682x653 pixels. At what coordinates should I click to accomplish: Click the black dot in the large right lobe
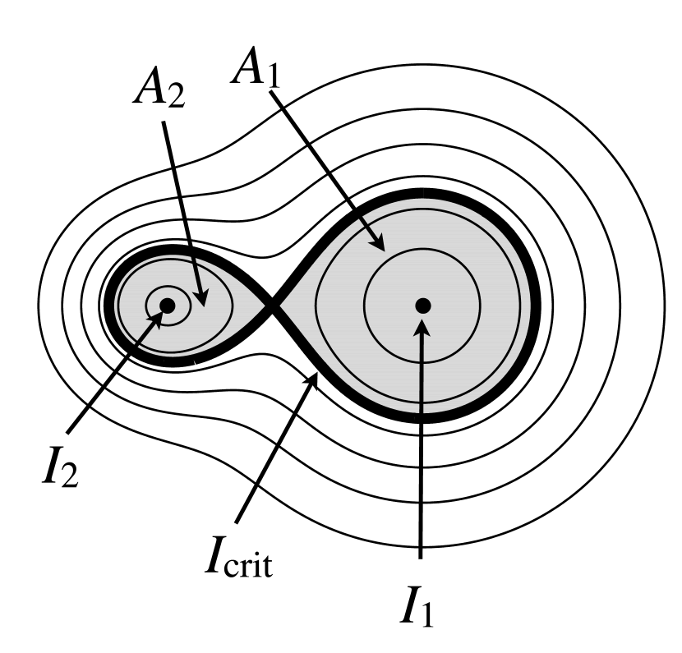click(422, 306)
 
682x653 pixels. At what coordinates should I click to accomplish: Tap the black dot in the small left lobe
click(167, 306)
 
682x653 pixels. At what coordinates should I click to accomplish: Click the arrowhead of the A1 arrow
click(380, 246)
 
